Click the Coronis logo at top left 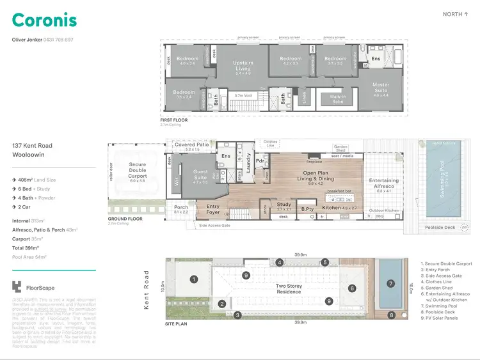(44, 20)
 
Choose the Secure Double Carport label (138, 169)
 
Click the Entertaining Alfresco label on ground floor (384, 184)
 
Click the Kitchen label (332, 208)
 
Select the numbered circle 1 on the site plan (193, 279)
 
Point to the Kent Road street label (147, 288)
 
